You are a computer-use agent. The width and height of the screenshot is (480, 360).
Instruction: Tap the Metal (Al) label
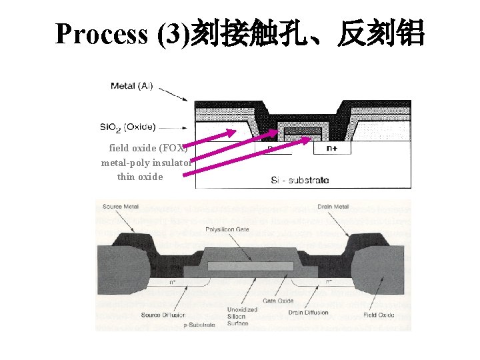tap(131, 86)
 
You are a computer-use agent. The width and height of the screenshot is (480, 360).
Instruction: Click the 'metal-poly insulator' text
tap(146, 162)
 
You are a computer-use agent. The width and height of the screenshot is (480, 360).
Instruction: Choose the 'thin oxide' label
tap(140, 177)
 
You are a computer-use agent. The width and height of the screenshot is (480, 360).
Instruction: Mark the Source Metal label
tap(121, 207)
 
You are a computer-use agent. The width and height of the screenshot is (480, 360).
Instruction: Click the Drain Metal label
tap(333, 207)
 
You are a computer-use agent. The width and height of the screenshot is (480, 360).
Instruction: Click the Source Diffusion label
tap(163, 315)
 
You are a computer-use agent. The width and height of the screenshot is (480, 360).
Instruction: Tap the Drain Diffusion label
tap(307, 313)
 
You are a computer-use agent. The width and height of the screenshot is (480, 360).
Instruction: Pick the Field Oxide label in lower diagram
tap(378, 315)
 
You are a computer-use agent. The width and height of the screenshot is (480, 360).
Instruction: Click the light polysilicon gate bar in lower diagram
tap(250, 266)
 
